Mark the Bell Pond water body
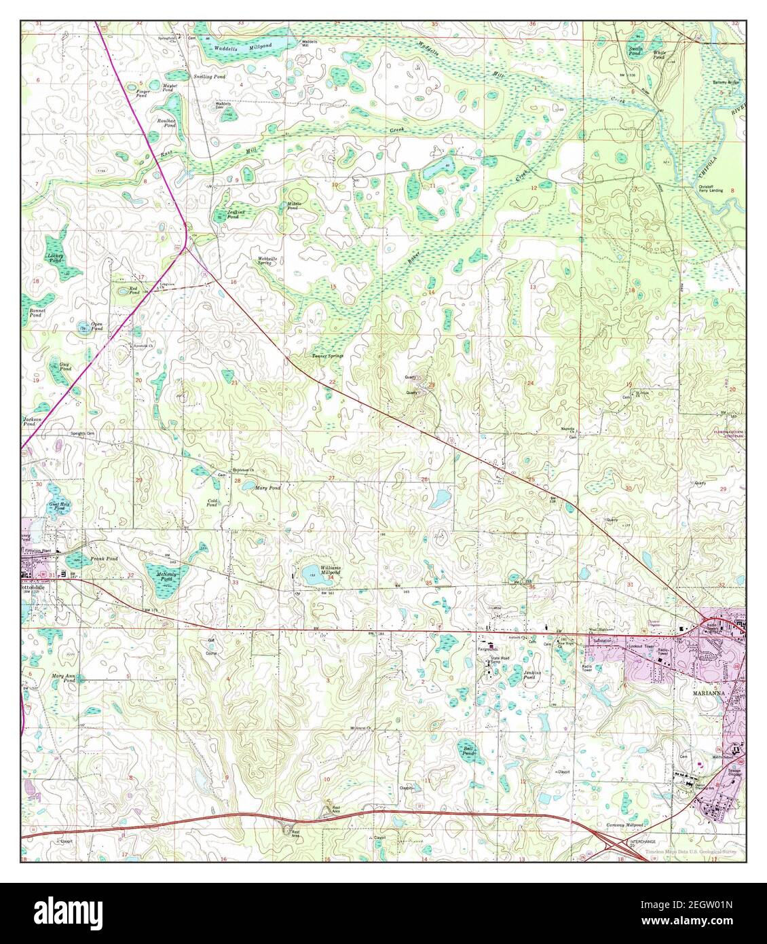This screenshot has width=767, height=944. pyautogui.click(x=466, y=747)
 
